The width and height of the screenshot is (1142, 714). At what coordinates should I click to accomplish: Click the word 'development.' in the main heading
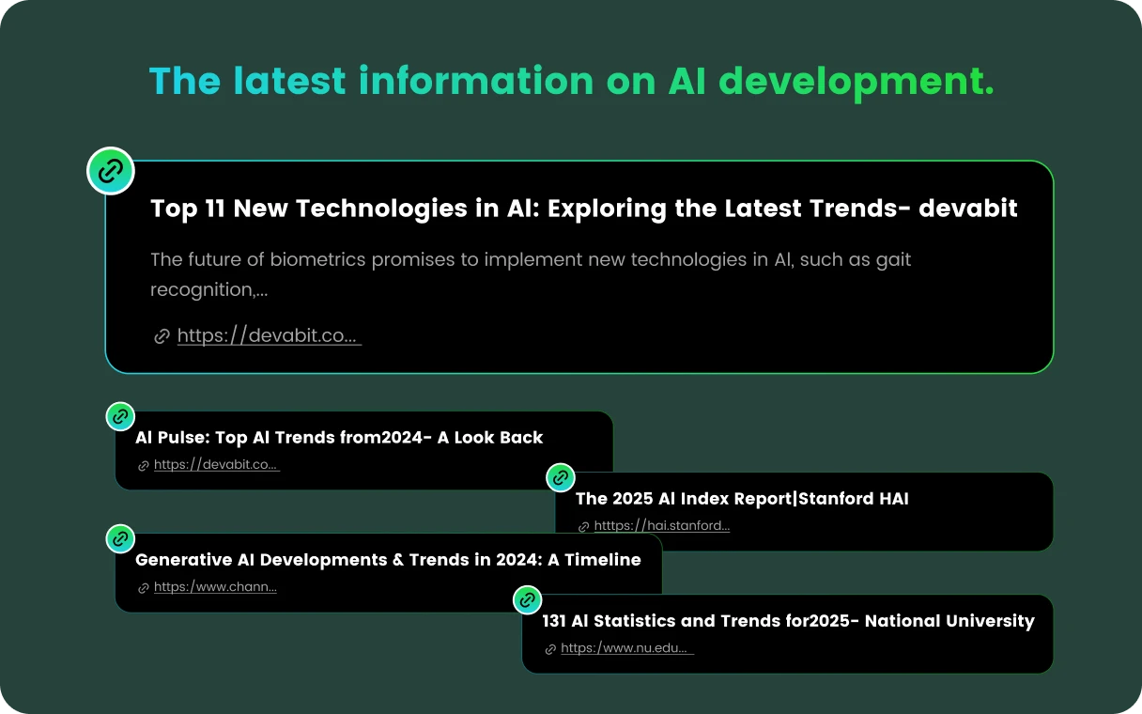[x=856, y=82]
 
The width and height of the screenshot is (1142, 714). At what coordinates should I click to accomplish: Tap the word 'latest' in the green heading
[x=289, y=81]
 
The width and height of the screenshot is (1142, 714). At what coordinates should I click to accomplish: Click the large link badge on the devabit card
[x=111, y=171]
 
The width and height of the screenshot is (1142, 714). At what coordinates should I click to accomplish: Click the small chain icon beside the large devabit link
[x=162, y=336]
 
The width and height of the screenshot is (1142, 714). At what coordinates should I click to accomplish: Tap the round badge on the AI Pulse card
[x=120, y=417]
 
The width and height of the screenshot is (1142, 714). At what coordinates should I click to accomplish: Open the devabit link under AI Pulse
[x=217, y=465]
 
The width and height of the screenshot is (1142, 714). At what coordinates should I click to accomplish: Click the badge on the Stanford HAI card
[x=561, y=478]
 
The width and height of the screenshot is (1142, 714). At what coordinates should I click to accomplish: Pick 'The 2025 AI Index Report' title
[x=685, y=499]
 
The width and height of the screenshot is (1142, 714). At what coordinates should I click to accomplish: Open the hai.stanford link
[x=662, y=526]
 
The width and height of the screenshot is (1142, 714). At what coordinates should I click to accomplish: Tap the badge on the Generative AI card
[x=120, y=538]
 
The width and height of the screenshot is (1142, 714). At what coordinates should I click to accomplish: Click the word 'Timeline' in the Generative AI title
[x=603, y=560]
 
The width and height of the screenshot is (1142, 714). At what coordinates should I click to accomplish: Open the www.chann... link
[x=215, y=587]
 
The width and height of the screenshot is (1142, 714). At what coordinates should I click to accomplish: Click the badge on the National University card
[x=527, y=599]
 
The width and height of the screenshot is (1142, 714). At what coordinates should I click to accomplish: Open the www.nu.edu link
[x=627, y=648]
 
